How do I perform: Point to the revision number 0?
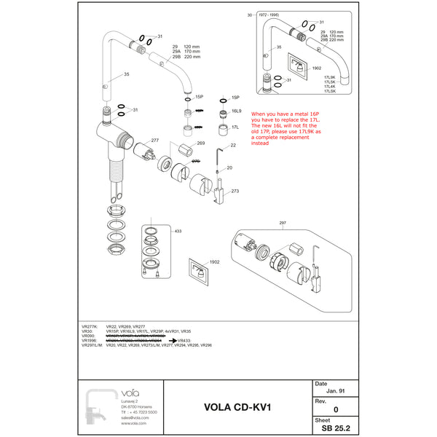(x=335, y=410)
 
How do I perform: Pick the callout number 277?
(x=154, y=140)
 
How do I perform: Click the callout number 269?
(x=200, y=143)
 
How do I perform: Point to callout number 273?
(x=235, y=191)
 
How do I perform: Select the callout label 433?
(x=178, y=231)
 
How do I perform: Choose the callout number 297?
(x=283, y=222)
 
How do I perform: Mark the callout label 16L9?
(x=236, y=111)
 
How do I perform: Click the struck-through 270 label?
(x=195, y=161)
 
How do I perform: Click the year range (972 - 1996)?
(x=267, y=15)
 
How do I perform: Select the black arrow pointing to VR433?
(x=170, y=340)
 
